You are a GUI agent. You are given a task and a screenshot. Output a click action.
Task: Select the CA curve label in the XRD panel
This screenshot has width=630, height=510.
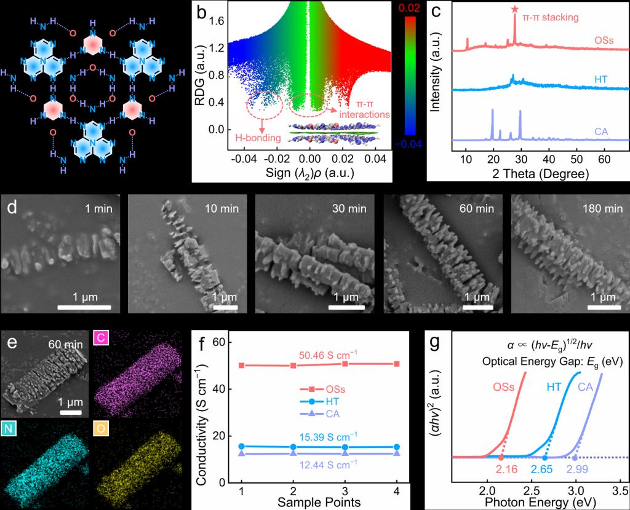coord(604,131)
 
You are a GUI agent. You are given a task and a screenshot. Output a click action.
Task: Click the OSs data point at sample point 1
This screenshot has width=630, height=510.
coord(241,365)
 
